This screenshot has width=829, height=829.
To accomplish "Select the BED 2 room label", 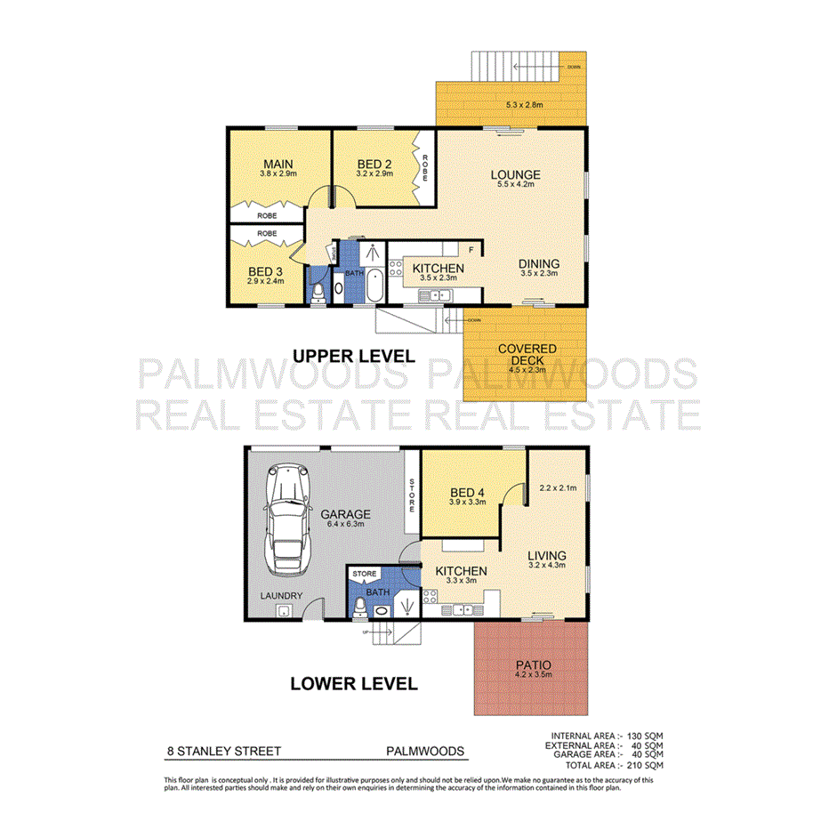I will pos(375,165).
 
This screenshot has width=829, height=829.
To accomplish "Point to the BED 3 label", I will pos(265,272).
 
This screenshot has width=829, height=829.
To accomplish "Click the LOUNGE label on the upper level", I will pos(516,174).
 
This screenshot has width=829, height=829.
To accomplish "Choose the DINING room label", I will pos(539,264).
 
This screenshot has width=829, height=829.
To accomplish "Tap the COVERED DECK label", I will pos(527,355).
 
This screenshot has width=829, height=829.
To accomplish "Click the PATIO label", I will pos(533,664).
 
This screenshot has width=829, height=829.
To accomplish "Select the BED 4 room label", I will pos(465,494).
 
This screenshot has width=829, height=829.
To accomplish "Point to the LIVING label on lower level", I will pos(546,557).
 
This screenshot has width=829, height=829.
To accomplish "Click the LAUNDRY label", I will pos(281,596).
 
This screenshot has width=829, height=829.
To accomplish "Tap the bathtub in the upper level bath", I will pos(374,286).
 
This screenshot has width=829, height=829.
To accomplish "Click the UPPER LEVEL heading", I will pos(353,357).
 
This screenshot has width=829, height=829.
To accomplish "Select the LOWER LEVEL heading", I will pos(353,684).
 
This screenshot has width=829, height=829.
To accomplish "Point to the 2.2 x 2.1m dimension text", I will pos(559,487).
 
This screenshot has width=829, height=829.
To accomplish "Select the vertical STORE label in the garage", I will pos(412,495).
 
